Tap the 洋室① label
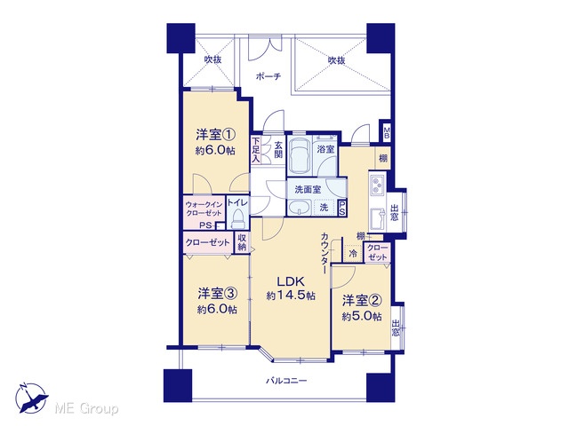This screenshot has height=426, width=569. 215,135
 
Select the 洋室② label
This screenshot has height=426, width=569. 362,301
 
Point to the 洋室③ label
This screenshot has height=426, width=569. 217,294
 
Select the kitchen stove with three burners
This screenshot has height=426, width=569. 377,184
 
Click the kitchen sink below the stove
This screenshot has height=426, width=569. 377,218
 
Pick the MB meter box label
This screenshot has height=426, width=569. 387,133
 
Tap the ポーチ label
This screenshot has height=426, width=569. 268,76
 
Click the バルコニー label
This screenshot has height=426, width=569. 286,381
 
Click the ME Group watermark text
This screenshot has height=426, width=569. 86,409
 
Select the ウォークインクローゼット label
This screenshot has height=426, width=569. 204,209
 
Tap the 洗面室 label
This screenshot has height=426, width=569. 308,189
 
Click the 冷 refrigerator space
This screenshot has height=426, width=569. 353,254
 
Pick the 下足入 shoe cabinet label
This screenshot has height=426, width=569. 256,150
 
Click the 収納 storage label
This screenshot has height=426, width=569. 242,242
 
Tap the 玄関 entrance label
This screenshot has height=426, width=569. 278,150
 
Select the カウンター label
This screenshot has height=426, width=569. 325,253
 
